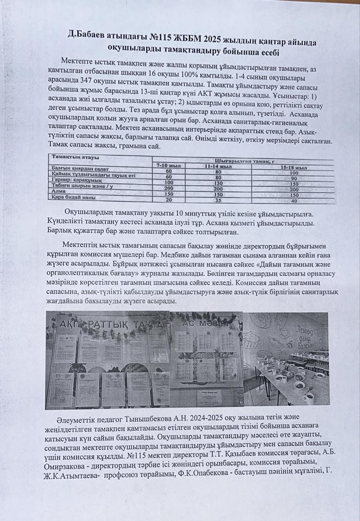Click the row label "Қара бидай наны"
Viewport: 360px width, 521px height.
tap(73, 197)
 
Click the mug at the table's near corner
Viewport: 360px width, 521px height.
tap(308, 397)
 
